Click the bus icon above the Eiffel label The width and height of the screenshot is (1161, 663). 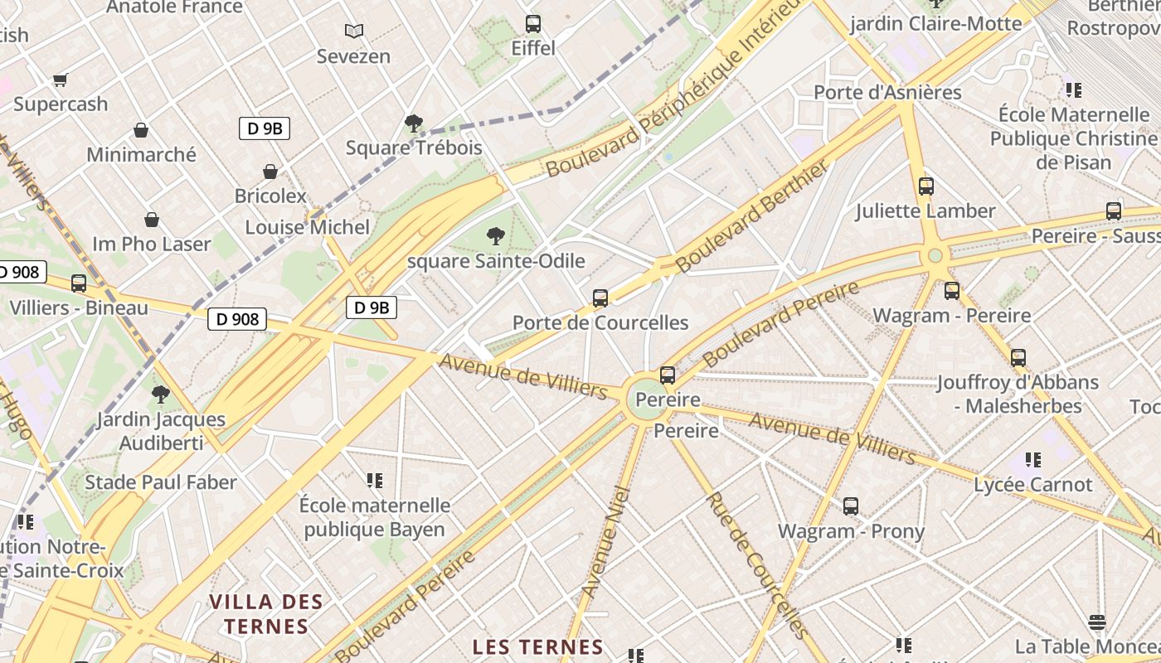[533, 24]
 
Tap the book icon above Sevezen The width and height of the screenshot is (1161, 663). [354, 31]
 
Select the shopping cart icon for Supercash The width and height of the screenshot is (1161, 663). [60, 80]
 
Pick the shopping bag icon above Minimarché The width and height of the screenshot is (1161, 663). [141, 130]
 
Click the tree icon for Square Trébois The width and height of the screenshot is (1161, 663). [413, 123]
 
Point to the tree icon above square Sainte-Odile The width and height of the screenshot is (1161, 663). [496, 236]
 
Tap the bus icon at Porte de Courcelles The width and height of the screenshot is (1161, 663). [600, 298]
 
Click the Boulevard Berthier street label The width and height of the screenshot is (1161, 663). [751, 217]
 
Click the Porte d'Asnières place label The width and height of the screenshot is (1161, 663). [887, 92]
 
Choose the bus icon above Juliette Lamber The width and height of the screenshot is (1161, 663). [926, 186]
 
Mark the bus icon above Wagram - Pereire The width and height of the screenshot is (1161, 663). [952, 291]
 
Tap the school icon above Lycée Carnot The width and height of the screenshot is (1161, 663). [1032, 459]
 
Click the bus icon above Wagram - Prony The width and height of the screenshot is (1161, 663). [851, 506]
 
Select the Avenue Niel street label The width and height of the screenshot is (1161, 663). [607, 543]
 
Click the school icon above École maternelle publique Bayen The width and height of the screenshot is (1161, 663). [374, 481]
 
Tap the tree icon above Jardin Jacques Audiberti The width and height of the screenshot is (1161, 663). [161, 394]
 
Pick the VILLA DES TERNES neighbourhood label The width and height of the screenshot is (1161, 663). [266, 614]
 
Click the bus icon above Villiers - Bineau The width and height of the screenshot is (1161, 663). [79, 283]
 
